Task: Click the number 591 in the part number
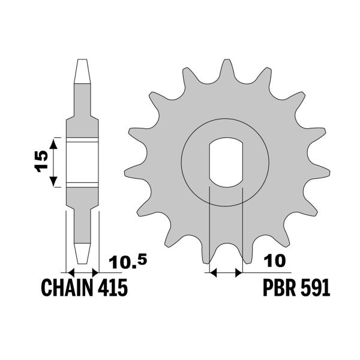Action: pos(314,289)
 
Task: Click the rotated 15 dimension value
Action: pos(40,161)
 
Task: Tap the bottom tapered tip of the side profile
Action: pos(82,252)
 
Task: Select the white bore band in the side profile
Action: pos(82,162)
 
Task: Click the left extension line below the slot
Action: pos(208,228)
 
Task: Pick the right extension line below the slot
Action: pos(241,228)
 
